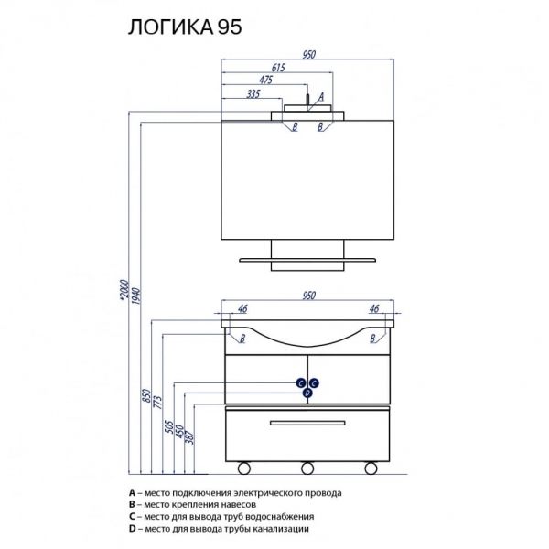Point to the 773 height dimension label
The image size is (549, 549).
pos(157,399)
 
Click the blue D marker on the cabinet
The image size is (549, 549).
pos(307,393)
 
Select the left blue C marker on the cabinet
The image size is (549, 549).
pos(302,383)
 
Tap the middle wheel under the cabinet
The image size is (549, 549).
pos(307,468)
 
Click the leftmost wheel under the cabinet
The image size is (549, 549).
pos(244,468)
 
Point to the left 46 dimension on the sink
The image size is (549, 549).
pos(243,309)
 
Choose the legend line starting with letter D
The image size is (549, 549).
pos(220,529)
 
